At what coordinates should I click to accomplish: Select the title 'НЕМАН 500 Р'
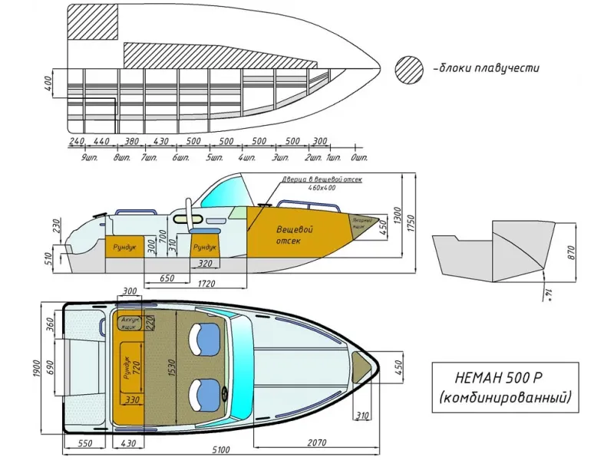pos(500,378)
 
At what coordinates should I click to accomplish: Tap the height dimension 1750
pos(412,222)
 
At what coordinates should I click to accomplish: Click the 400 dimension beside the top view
pos(48,82)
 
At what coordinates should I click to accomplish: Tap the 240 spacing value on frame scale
pos(76,142)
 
